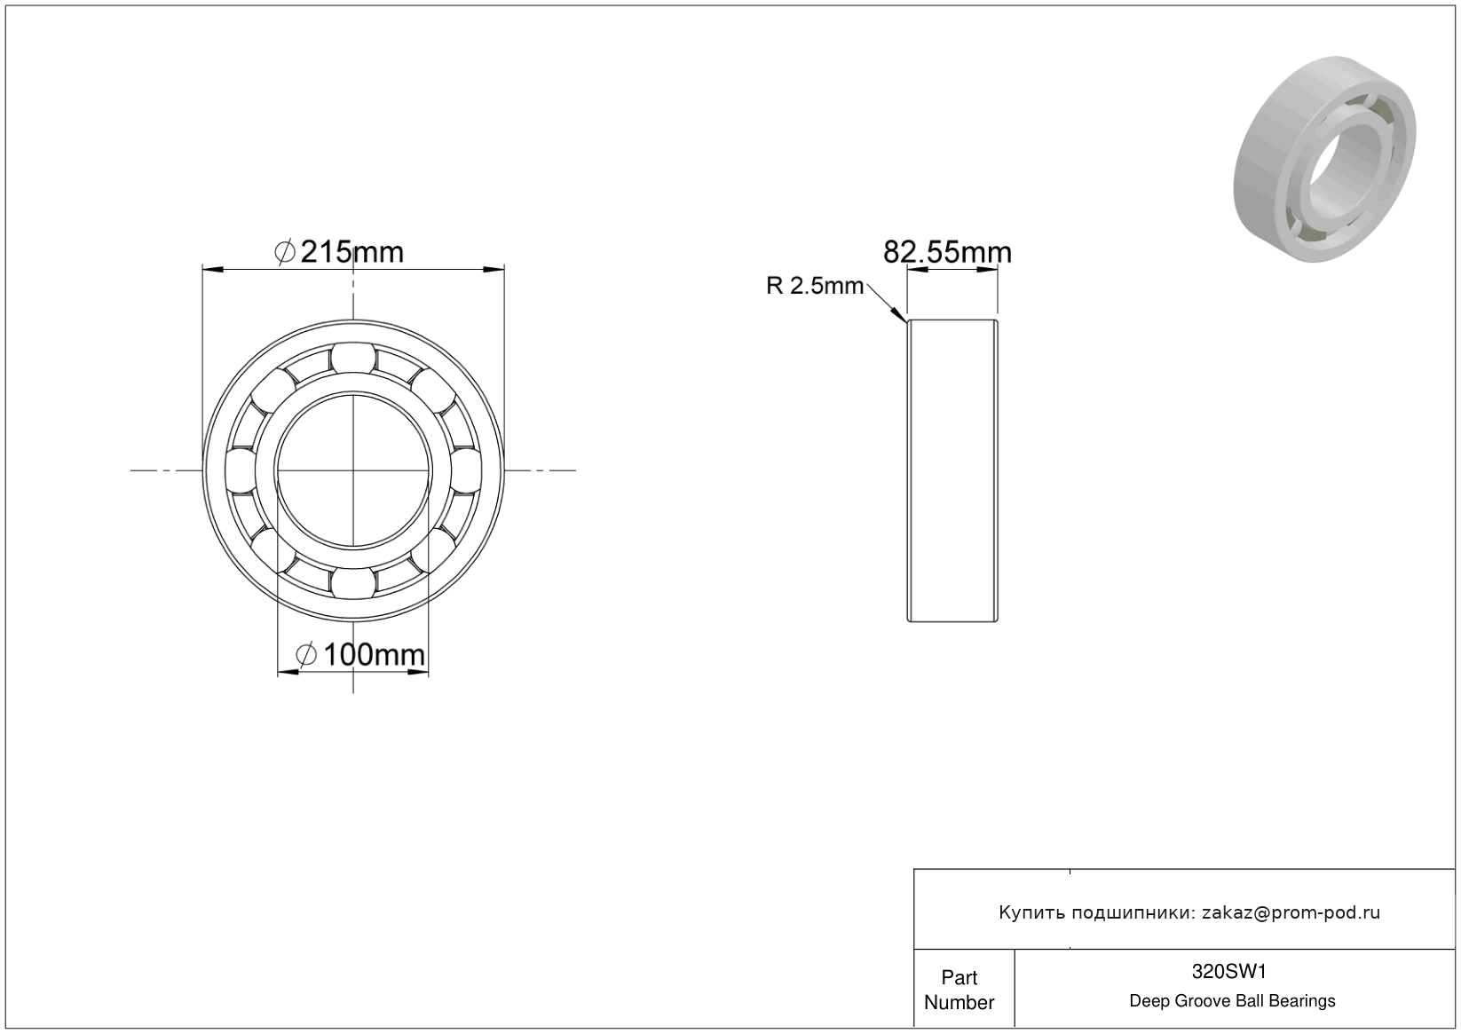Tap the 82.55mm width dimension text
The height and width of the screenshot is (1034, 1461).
pyautogui.click(x=947, y=252)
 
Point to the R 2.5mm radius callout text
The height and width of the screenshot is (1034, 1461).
pyautogui.click(x=815, y=286)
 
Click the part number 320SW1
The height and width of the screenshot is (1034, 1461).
pyautogui.click(x=1228, y=972)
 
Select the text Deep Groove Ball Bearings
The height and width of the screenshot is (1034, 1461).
pyautogui.click(x=1232, y=1001)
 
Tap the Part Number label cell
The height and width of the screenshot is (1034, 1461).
pyautogui.click(x=959, y=990)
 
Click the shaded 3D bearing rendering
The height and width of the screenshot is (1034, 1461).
pyautogui.click(x=1324, y=159)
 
